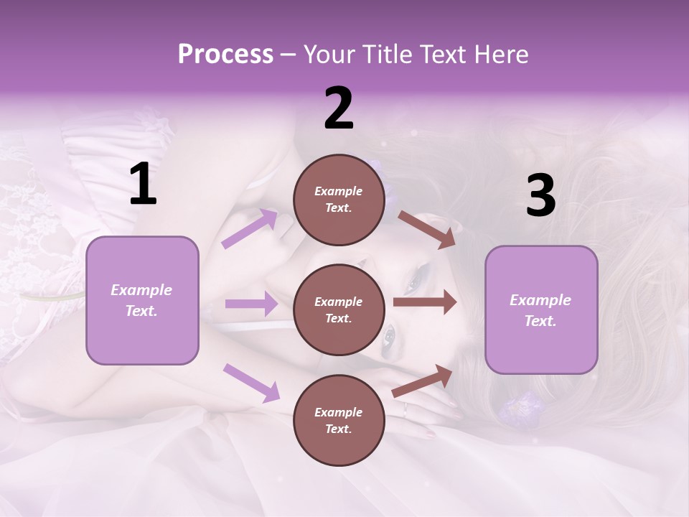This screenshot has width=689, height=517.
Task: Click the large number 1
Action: click(x=143, y=185)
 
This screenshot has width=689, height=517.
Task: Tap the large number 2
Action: click(x=338, y=109)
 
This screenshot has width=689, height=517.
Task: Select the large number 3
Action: click(x=540, y=195)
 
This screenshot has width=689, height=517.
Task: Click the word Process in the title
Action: click(x=225, y=54)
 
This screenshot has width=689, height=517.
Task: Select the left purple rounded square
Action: click(x=142, y=300)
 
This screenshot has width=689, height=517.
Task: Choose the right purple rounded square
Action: click(x=541, y=309)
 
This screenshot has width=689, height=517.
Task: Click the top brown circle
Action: click(x=338, y=200)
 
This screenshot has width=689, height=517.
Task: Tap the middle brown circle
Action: click(x=338, y=309)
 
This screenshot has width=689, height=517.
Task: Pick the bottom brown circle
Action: click(x=338, y=420)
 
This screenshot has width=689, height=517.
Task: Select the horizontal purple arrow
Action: click(x=251, y=304)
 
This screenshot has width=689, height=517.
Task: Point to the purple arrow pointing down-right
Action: click(x=251, y=382)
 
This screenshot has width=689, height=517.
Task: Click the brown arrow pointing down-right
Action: click(x=427, y=229)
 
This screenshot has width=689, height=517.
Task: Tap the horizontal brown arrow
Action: click(x=425, y=302)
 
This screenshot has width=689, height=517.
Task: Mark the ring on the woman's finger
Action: click(x=405, y=409)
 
